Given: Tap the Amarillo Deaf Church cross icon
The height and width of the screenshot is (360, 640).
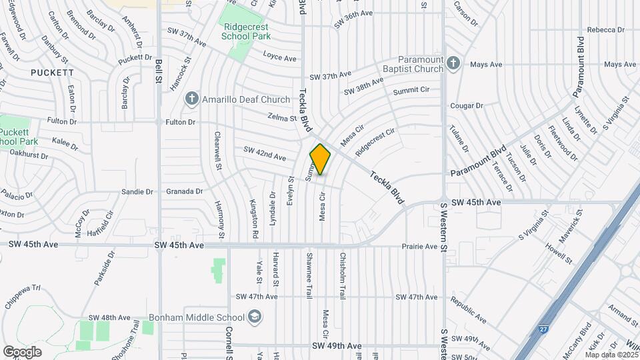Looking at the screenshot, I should (x=191, y=99).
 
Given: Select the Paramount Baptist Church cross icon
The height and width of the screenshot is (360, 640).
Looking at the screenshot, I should (x=453, y=63).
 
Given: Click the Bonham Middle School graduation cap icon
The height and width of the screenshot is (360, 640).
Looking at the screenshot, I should (x=253, y=316).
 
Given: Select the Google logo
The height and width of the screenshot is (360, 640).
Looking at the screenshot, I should (x=22, y=351).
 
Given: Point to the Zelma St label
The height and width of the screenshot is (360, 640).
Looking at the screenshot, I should (x=282, y=118).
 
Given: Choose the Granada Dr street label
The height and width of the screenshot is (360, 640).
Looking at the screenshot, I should (x=185, y=191).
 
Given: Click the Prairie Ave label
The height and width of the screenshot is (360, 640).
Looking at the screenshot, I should (x=419, y=246).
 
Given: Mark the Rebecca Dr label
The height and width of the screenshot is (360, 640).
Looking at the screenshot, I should (x=605, y=30).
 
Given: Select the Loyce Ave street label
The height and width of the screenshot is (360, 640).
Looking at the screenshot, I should (x=279, y=57).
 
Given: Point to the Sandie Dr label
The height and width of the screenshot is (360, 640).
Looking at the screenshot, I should (x=137, y=191).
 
